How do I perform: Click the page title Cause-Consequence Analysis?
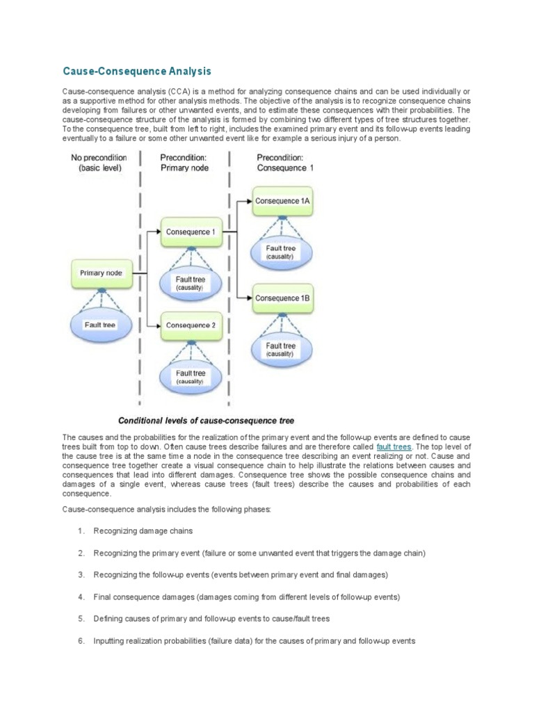(x=136, y=72)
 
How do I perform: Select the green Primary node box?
(x=101, y=273)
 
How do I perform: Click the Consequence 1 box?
(x=191, y=232)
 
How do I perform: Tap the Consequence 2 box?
(x=191, y=325)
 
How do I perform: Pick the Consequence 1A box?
(x=282, y=200)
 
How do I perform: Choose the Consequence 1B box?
(x=282, y=298)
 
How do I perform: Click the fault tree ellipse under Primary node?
(x=101, y=325)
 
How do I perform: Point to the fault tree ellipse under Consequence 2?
(x=190, y=377)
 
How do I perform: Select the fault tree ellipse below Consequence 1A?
(x=281, y=251)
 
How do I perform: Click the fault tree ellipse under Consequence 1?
(x=190, y=282)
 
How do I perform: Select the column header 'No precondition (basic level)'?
(x=99, y=163)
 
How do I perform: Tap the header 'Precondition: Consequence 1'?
(x=285, y=163)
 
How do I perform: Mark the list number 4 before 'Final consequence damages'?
(x=81, y=597)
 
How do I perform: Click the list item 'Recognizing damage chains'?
(x=143, y=531)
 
